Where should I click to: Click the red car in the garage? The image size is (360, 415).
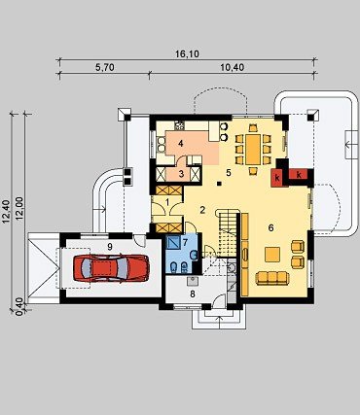point(112,267)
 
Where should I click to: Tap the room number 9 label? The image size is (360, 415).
point(110,247)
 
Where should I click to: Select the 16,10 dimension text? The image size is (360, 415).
point(187,54)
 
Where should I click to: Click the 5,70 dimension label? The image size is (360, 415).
point(104,67)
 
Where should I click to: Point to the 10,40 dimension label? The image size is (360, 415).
point(232,67)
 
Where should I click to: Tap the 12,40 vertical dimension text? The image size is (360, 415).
point(6,211)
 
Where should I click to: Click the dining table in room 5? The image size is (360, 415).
point(253,150)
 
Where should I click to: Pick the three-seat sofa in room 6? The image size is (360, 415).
point(271,278)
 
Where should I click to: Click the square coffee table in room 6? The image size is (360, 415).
point(272,255)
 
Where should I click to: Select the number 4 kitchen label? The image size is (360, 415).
point(181,143)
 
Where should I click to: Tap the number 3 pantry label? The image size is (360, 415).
point(181,174)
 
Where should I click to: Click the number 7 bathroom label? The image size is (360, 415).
point(185,242)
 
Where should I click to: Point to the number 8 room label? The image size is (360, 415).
point(193,294)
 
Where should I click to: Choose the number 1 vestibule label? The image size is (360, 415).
point(167,202)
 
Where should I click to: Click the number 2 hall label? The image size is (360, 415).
point(202,210)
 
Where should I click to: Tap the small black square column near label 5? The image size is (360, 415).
point(220,184)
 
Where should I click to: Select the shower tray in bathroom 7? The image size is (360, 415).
point(173,242)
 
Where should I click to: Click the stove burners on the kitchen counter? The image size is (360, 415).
point(179,124)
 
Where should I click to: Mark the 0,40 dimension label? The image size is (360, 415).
point(18,305)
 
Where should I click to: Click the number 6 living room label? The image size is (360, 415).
point(270,227)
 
